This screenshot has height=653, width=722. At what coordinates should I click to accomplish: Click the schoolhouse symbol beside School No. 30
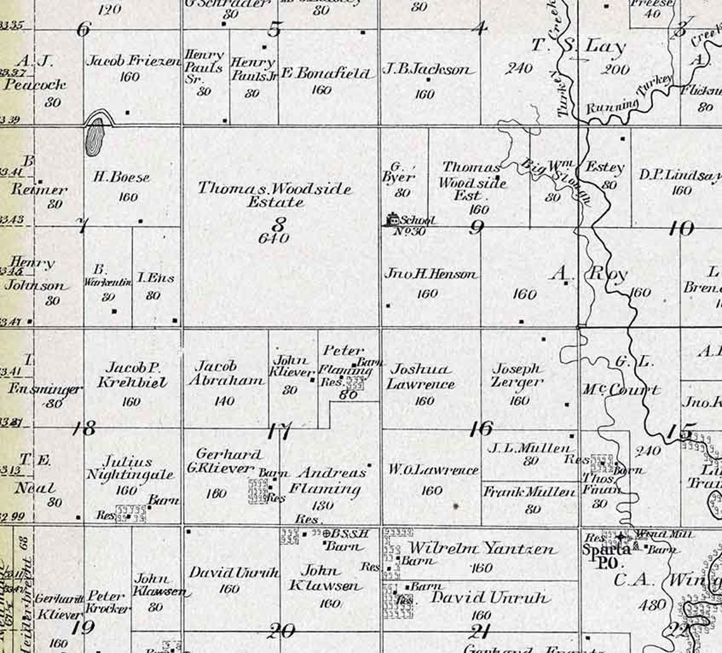pyautogui.click(x=393, y=219)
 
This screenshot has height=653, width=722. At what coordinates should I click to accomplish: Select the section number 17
pyautogui.click(x=279, y=432)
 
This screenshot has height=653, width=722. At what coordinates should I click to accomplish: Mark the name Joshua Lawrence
pyautogui.click(x=421, y=377)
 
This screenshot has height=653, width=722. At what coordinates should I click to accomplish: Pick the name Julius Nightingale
pyautogui.click(x=129, y=469)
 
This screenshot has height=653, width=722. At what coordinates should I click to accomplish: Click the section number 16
pyautogui.click(x=481, y=429)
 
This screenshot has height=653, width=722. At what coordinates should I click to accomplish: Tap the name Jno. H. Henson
pyautogui.click(x=431, y=275)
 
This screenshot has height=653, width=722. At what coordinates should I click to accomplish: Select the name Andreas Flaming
pyautogui.click(x=329, y=481)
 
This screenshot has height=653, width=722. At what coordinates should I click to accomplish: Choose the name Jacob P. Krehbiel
pyautogui.click(x=132, y=375)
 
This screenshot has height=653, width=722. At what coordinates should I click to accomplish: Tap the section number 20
pyautogui.click(x=281, y=630)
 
